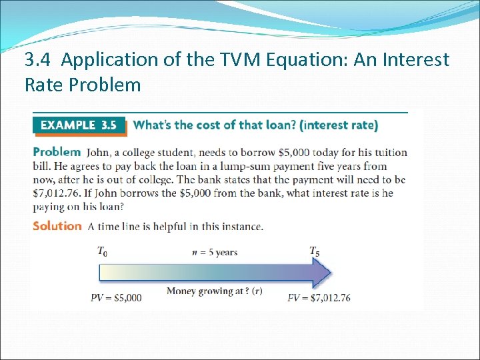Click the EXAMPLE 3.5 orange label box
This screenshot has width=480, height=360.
click(79, 125)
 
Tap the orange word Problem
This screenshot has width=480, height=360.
click(57, 152)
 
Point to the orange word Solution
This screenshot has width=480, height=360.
click(57, 226)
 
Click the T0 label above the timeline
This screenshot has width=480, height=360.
click(102, 251)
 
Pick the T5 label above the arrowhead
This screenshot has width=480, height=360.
click(314, 251)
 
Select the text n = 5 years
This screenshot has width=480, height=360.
click(214, 253)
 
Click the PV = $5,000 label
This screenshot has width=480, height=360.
click(116, 298)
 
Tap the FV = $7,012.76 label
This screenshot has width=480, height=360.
click(319, 298)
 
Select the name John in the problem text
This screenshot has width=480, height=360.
click(99, 153)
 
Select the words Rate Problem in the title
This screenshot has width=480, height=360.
click(83, 85)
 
